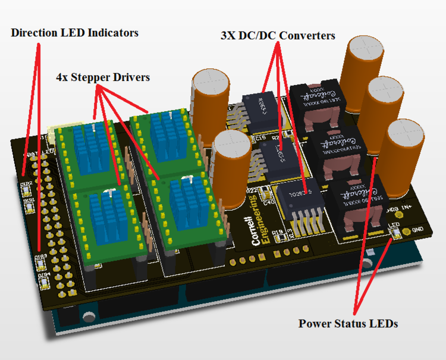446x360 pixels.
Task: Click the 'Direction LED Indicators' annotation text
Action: pyautogui.click(x=74, y=33)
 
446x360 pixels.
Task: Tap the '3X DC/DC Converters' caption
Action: pyautogui.click(x=278, y=36)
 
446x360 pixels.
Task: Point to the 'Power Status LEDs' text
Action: pyautogui.click(x=348, y=324)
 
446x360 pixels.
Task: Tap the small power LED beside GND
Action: pyautogui.click(x=393, y=233)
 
